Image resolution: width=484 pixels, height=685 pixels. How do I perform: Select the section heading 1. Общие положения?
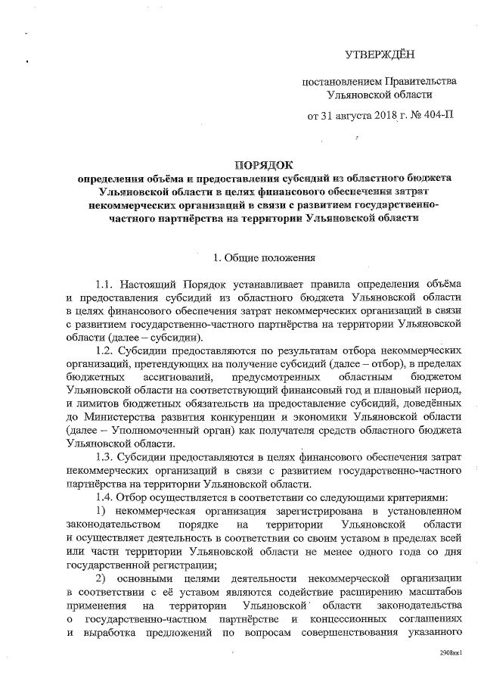click(256, 257)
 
